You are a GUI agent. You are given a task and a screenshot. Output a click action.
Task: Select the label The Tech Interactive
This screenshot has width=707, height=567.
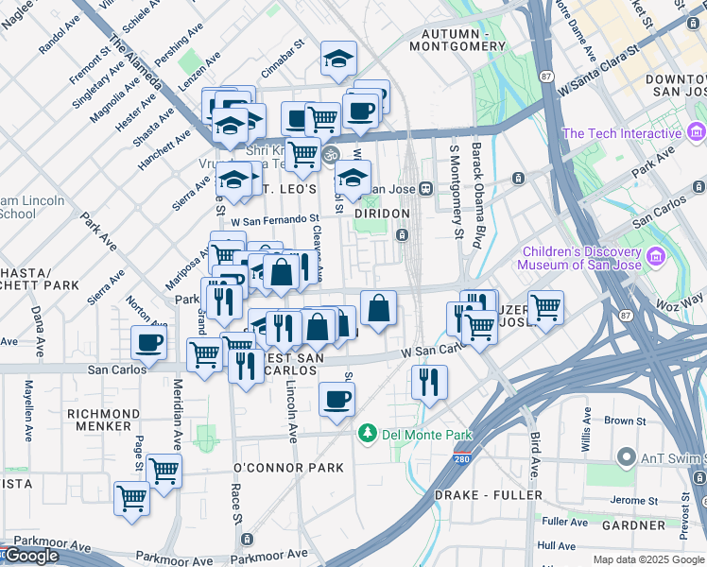click(x=622, y=133)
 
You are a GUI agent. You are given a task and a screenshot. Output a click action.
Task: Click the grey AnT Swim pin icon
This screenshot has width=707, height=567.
click(x=625, y=457)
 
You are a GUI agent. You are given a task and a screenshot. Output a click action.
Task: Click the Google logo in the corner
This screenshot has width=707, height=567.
click(x=31, y=557)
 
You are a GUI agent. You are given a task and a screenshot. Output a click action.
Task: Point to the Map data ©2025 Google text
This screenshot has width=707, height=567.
click(x=648, y=559)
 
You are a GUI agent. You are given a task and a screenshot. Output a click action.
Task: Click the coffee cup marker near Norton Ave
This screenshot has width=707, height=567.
click(x=148, y=343)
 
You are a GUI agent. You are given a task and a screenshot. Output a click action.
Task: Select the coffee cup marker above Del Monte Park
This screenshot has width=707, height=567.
click(x=336, y=400)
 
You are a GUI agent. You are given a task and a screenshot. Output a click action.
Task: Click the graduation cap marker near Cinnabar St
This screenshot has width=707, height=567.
click(x=338, y=60)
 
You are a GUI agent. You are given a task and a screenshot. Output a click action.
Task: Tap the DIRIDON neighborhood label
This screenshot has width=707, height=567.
click(x=382, y=215)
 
